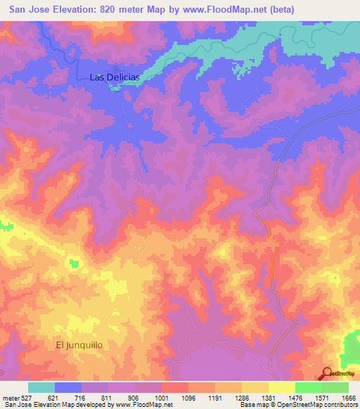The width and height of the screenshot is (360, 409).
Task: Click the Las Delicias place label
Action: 116,77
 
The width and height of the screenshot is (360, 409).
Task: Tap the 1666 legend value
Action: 347,398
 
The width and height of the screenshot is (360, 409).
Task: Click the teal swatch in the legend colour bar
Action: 41,387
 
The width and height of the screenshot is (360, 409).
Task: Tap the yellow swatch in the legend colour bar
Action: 281,387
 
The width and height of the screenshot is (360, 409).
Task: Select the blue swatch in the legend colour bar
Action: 68,387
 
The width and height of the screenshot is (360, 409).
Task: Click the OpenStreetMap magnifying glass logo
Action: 326,373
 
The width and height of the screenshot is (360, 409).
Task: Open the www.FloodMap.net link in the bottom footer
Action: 141,405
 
